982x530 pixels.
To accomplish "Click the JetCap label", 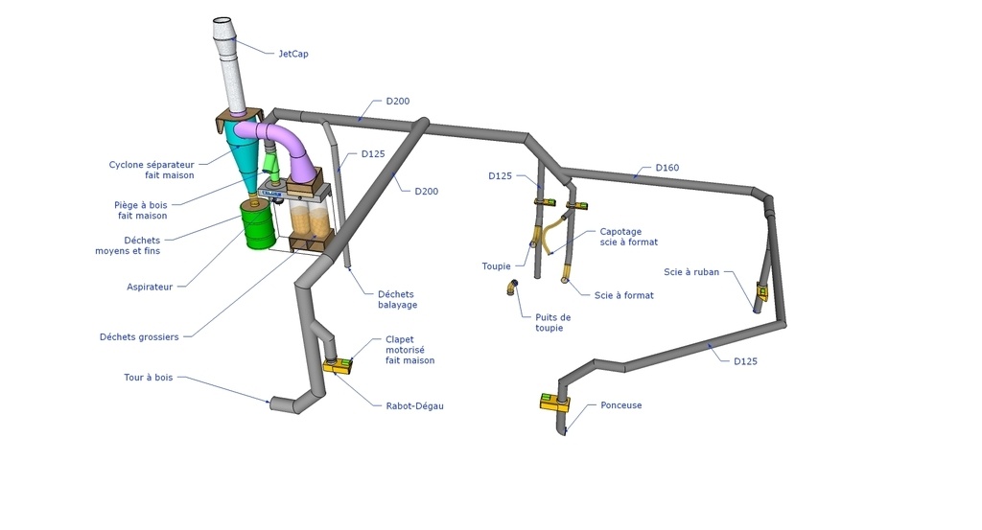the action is click(293, 54).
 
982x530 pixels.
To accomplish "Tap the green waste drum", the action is click(258, 224).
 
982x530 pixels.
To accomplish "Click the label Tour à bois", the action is click(149, 378).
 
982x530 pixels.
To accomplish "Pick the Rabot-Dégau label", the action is click(414, 406).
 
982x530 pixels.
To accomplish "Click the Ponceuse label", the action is click(621, 405).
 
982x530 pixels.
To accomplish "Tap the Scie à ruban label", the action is click(691, 272).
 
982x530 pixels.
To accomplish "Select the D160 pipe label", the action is click(667, 168).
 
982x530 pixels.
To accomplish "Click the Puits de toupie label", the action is click(552, 323).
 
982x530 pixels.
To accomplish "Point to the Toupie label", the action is click(496, 266).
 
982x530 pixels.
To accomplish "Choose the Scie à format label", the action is click(623, 295).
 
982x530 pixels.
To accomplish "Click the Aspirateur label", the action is click(150, 288).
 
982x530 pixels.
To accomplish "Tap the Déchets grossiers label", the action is click(139, 337).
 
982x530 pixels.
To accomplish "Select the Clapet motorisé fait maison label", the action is click(409, 350).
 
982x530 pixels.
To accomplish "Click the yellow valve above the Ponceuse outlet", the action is click(555, 402).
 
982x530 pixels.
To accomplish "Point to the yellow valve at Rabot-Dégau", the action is click(338, 365).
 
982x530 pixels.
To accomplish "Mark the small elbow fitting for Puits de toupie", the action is click(512, 288).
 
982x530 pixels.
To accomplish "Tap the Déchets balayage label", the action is click(397, 300).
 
